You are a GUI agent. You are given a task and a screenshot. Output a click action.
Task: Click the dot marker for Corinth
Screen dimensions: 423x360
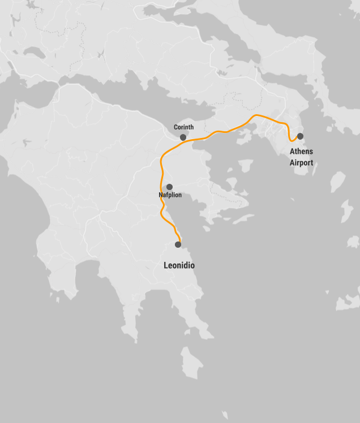click(183, 137)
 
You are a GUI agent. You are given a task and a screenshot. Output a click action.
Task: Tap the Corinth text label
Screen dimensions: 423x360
click(183, 127)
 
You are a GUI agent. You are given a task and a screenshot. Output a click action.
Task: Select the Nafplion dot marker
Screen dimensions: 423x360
click(169, 187)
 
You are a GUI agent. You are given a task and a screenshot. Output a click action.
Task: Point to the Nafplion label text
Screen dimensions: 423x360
click(170, 195)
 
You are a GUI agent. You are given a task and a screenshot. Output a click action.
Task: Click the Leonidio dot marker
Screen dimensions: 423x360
click(178, 244)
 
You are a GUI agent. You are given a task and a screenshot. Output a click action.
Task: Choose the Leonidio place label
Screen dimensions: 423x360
click(179, 265)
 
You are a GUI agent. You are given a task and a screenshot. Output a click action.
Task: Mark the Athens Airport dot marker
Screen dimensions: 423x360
click(300, 136)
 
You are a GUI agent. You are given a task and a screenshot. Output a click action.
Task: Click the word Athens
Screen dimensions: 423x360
click(301, 152)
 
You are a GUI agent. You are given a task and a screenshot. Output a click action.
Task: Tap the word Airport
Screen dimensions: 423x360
click(302, 163)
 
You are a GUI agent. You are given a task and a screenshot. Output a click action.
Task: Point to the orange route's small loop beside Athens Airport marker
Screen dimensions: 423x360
click(291, 137)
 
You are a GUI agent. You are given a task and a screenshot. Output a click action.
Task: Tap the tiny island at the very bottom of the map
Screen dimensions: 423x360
click(225, 415)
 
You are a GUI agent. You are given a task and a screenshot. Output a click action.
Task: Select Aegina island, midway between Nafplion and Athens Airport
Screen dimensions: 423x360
click(245, 166)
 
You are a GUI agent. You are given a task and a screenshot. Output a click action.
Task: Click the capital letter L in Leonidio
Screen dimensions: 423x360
click(165, 265)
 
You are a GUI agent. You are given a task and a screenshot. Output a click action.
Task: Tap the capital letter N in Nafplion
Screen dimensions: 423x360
click(161, 195)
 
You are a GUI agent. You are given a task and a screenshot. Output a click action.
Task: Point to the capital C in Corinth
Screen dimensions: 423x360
click(175, 127)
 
